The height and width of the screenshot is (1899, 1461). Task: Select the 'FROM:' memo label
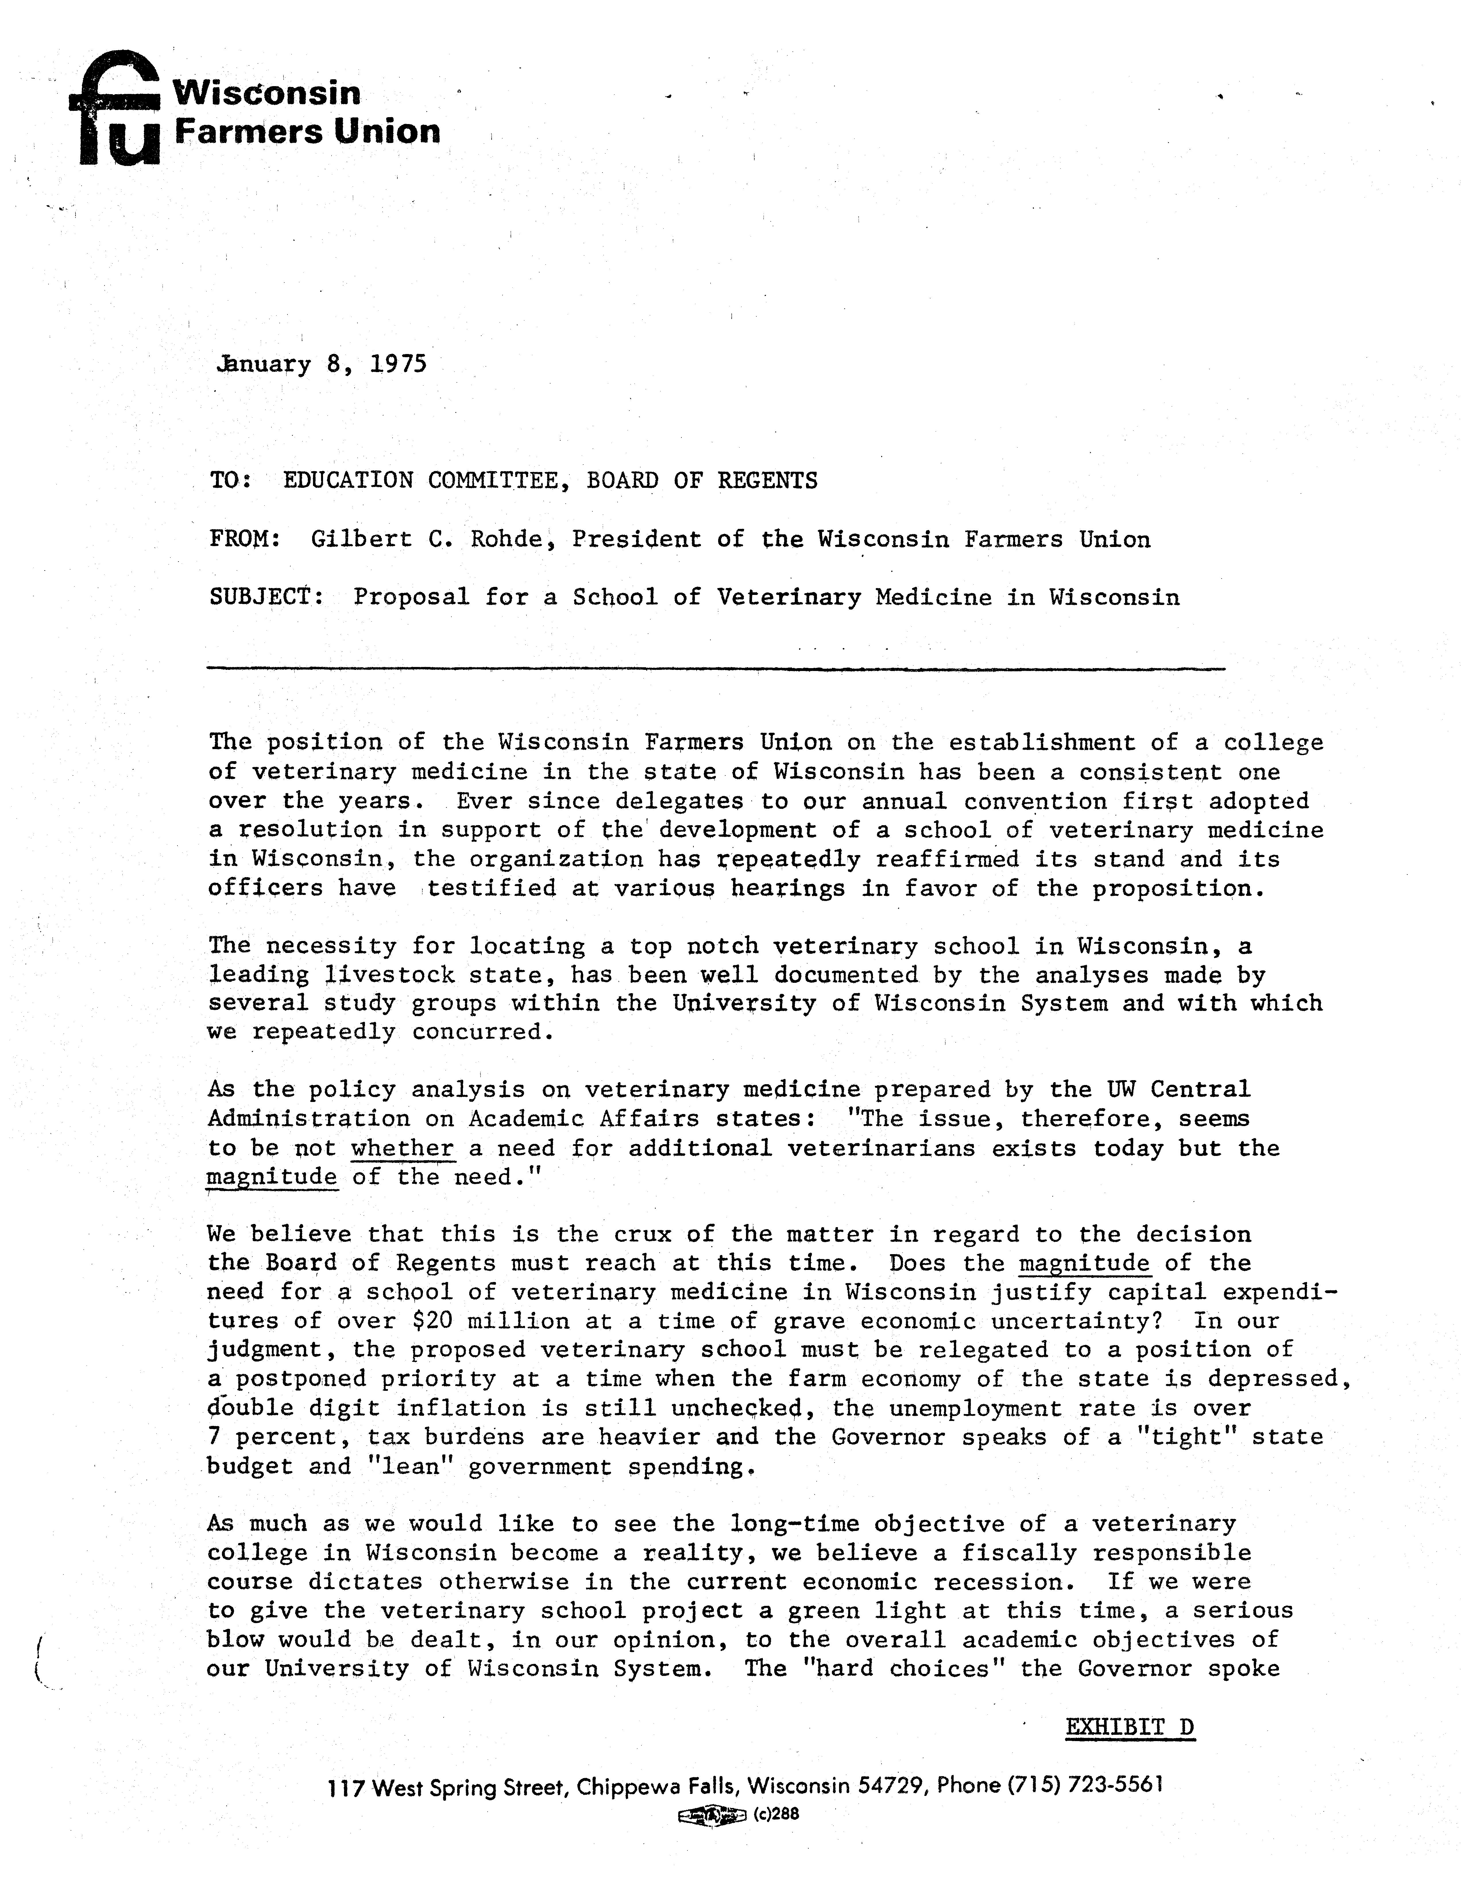244,539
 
